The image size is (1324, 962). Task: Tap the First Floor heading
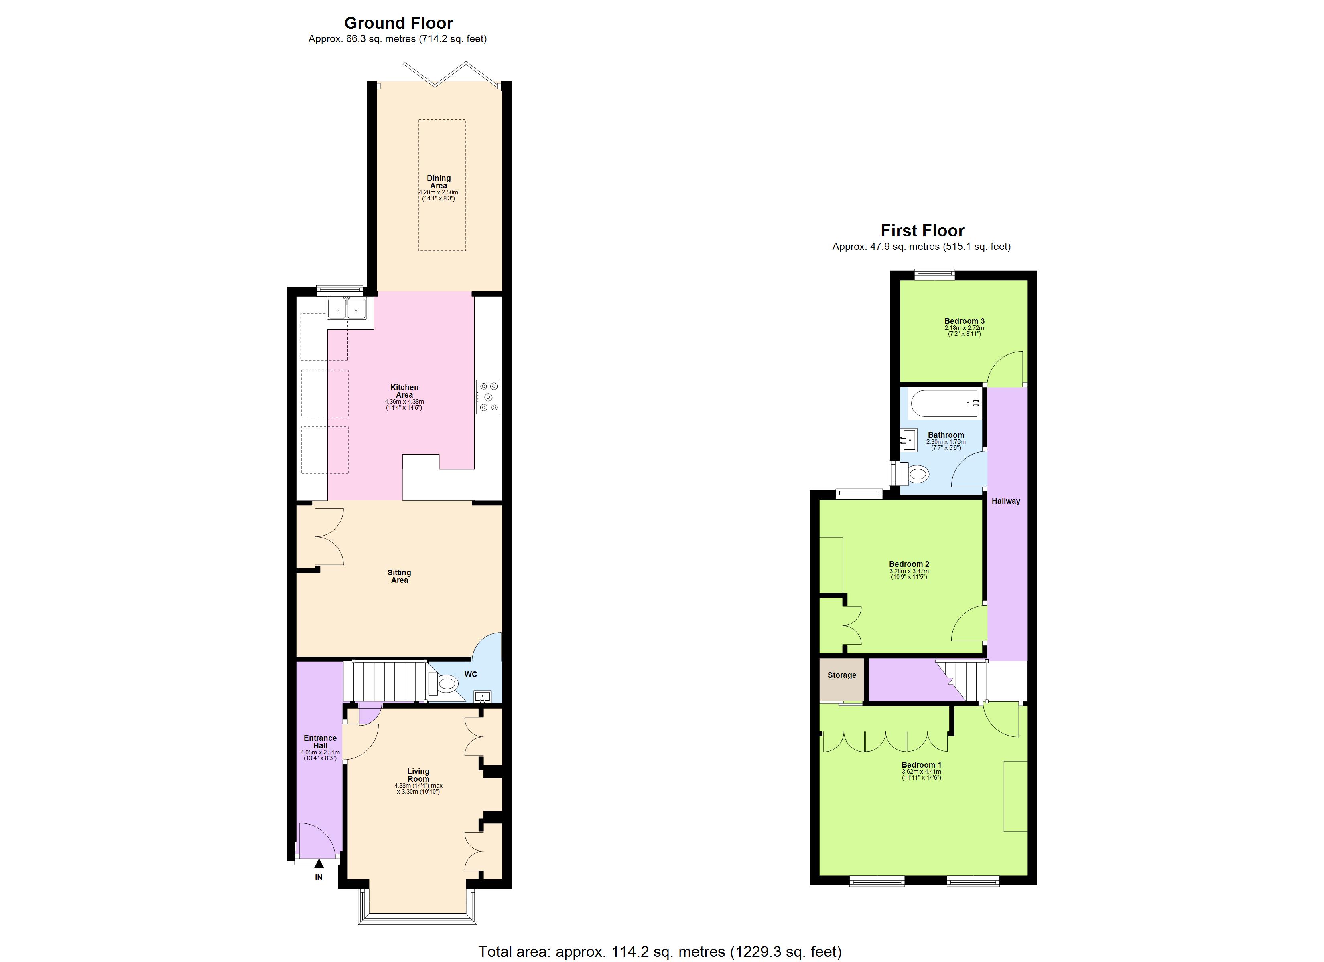click(x=922, y=231)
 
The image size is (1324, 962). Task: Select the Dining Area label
click(x=439, y=182)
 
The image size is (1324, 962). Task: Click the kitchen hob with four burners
click(x=488, y=397)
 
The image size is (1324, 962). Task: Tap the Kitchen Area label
click(x=404, y=391)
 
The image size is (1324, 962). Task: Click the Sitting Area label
click(x=399, y=576)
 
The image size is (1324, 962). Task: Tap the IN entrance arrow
click(x=319, y=869)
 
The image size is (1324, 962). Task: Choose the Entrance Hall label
click(x=320, y=742)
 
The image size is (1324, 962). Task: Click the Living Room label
click(x=418, y=775)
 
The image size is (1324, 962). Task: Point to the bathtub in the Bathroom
click(x=944, y=403)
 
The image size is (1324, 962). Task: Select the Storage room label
click(x=841, y=675)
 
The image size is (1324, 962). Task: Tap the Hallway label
click(x=1006, y=501)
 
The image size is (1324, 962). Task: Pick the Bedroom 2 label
click(x=909, y=564)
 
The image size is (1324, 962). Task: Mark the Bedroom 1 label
click(x=921, y=765)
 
